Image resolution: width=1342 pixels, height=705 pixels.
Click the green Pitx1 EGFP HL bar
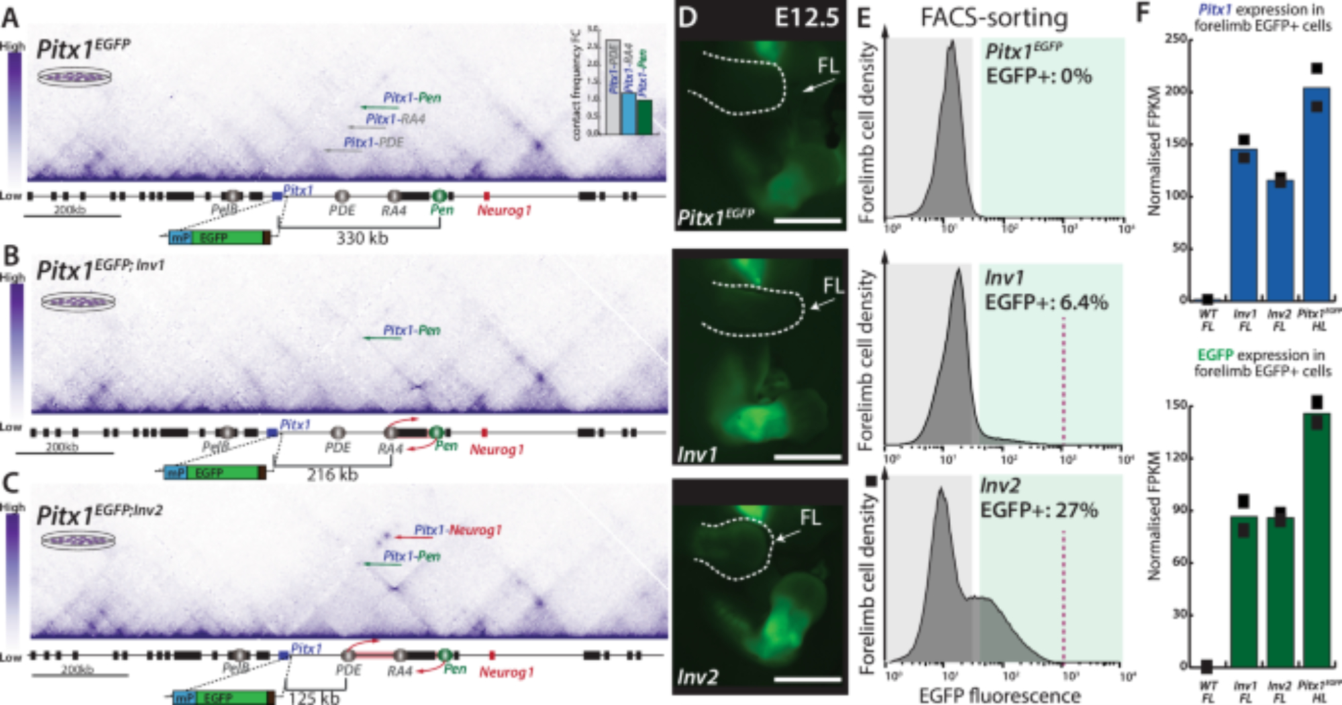point(1317,540)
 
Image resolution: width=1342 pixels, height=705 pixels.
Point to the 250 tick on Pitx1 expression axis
point(1175,39)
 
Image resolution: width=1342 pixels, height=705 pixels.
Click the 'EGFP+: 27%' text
point(1039,510)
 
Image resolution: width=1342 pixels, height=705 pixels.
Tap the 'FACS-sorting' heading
point(994,17)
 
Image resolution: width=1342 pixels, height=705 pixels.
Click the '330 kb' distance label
point(362,238)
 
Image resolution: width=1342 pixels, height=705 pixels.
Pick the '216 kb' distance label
point(333,475)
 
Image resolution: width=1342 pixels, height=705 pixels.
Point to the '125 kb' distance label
point(314,698)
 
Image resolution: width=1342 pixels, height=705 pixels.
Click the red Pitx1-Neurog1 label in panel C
point(458,530)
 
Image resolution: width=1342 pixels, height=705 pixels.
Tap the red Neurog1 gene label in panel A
point(504,211)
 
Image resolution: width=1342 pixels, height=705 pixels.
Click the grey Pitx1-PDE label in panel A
point(374,142)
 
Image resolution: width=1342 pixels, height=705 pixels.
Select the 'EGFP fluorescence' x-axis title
point(1000,696)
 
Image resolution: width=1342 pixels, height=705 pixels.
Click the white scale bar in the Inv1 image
point(807,457)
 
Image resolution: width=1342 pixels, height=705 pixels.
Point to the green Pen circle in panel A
point(439,195)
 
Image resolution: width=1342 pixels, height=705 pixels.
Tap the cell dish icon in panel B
point(79,302)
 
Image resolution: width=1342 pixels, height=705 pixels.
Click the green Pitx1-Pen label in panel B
point(411,330)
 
